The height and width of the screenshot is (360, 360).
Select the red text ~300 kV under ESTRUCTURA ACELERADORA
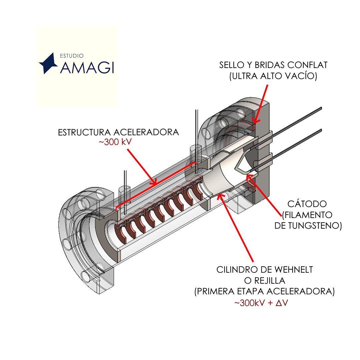click(115, 142)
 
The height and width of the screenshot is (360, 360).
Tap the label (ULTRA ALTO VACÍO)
click(273, 76)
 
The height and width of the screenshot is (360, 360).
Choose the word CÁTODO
click(307, 204)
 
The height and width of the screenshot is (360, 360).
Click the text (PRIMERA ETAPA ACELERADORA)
click(264, 291)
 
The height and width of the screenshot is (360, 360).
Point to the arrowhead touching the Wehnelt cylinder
click(219, 195)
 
